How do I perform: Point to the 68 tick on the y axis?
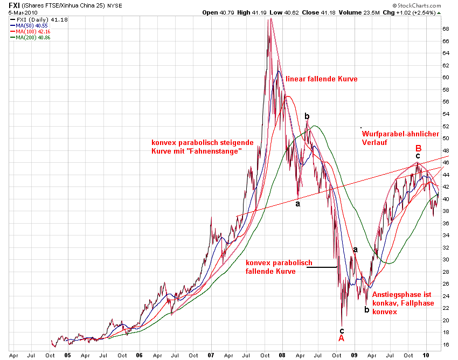click(x=446, y=29)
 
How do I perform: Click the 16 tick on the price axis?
click(x=446, y=344)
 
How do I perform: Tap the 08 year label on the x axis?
click(x=282, y=356)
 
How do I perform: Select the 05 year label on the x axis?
click(x=68, y=356)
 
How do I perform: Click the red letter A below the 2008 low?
click(x=341, y=338)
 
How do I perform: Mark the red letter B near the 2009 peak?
click(x=418, y=148)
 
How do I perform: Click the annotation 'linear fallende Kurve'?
click(x=322, y=79)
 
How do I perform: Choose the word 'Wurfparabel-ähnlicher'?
click(x=400, y=134)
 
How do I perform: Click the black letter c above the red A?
click(x=341, y=330)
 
